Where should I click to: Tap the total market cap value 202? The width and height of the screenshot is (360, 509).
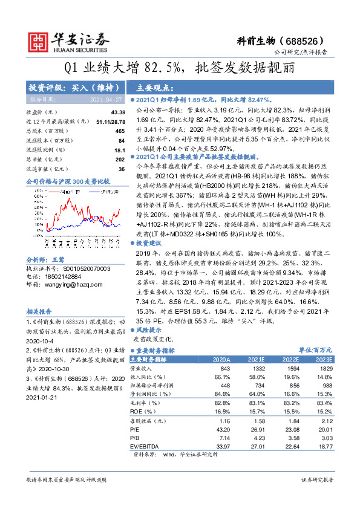120,159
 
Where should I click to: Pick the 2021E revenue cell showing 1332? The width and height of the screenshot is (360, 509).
260,368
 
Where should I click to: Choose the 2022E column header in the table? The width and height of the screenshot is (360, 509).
293,359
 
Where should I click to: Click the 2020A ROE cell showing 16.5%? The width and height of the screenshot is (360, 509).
221,410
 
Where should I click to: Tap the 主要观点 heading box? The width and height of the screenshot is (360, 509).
151,86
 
